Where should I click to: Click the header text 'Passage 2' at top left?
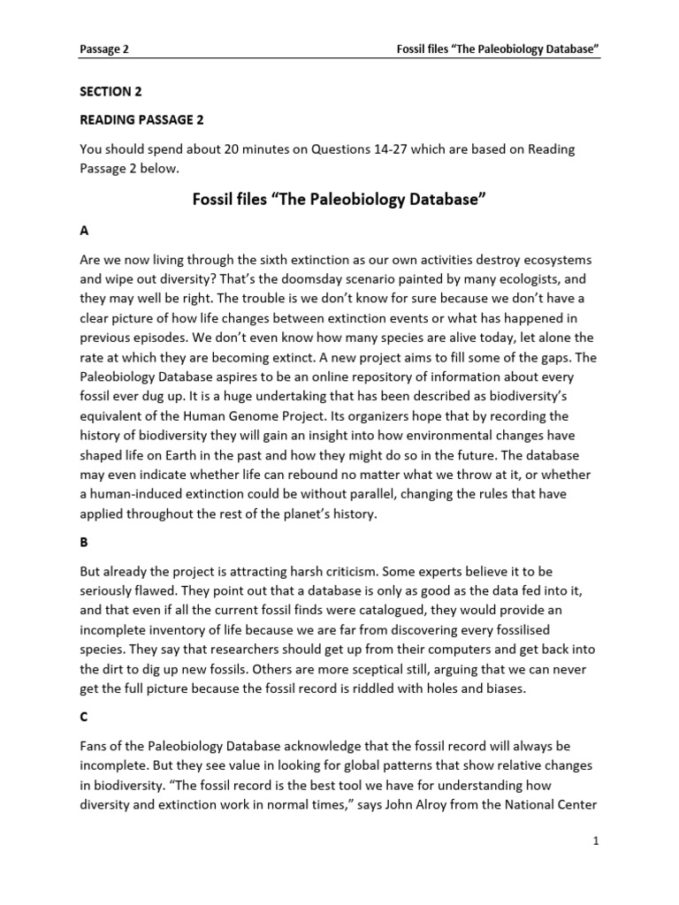tap(104, 50)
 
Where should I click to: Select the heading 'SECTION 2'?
tap(111, 91)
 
